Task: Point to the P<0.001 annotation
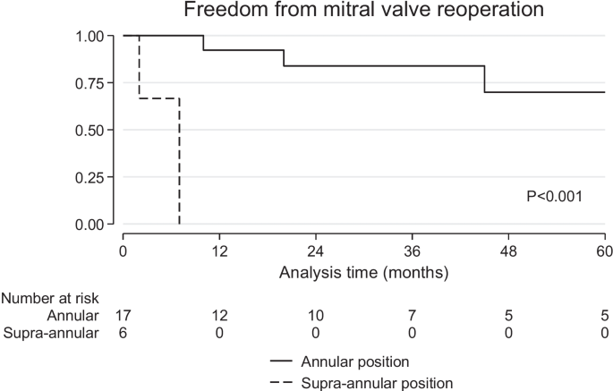click(554, 194)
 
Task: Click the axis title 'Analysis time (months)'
click(363, 270)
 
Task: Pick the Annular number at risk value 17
click(123, 316)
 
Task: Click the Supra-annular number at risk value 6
click(123, 333)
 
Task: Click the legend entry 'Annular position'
click(356, 362)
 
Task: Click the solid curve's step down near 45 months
click(485, 79)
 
